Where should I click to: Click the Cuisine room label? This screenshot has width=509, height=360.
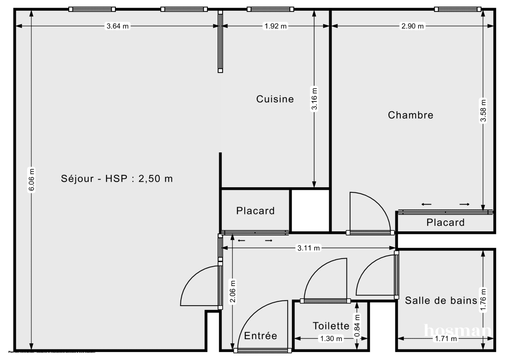point(275,99)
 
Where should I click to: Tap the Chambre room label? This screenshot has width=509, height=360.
point(411,115)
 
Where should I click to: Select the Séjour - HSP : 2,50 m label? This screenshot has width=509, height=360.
point(117,179)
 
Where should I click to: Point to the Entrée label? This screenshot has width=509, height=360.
point(260,336)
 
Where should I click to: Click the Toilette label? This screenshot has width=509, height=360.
point(331,326)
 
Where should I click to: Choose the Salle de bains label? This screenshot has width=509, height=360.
point(441,301)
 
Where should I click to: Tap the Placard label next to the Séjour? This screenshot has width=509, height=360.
point(255,211)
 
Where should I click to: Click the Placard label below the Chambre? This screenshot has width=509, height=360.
point(445,222)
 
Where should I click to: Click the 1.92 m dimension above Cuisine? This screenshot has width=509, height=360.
point(276,26)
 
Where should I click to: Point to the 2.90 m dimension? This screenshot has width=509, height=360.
point(413,26)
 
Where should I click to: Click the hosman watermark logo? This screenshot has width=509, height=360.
point(458,330)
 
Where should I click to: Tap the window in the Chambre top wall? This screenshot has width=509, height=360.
point(457,9)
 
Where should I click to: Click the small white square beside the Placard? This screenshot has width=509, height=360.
point(310,211)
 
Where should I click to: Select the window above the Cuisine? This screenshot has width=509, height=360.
point(270,9)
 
